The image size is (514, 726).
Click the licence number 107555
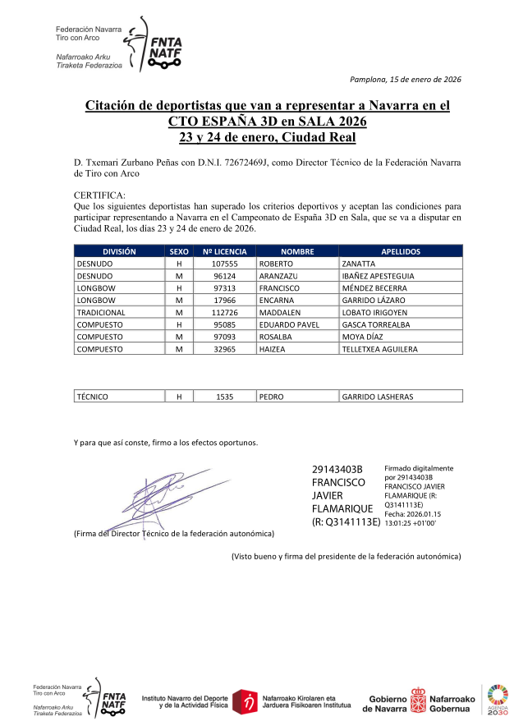pos(224,264)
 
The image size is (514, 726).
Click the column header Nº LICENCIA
pos(224,251)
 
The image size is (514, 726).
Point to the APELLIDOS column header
pos(401,251)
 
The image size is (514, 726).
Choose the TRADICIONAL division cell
pos(101,312)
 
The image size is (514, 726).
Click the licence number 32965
pos(224,349)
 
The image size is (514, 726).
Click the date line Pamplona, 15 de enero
pos(405,79)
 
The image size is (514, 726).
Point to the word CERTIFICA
pos(99,195)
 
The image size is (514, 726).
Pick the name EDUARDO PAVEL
pos(289,324)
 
